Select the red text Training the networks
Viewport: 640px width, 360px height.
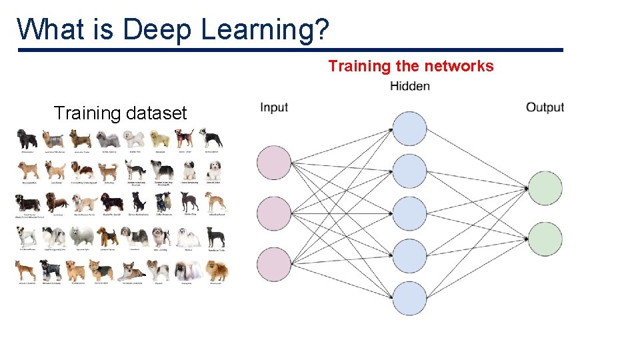[411, 66]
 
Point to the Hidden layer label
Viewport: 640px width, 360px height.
[409, 86]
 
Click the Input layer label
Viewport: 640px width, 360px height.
[274, 107]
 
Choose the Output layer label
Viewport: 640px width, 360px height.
[545, 107]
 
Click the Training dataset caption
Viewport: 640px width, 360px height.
[120, 113]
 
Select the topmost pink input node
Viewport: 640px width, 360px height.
[274, 163]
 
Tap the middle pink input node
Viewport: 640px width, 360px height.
[274, 214]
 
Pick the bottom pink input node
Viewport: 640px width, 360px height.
[274, 265]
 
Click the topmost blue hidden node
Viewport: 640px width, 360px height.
[409, 129]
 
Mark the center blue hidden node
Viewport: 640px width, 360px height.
[409, 213]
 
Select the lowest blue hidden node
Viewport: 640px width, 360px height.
[409, 298]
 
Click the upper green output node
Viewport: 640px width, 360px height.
[545, 189]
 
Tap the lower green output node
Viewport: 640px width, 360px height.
[545, 239]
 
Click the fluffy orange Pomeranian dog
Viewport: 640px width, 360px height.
[216, 271]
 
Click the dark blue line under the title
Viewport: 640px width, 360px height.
[290, 50]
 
